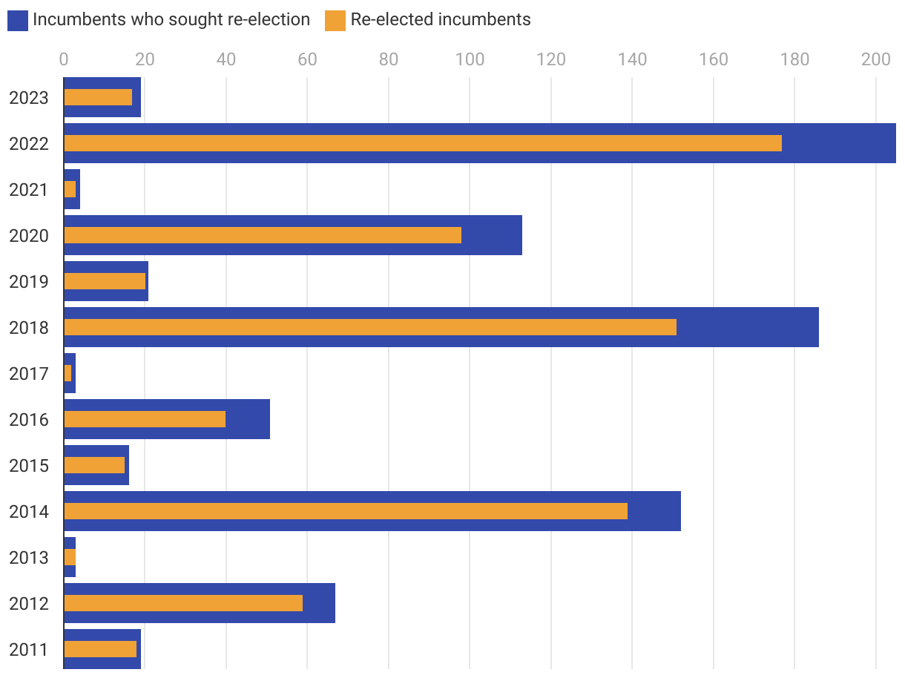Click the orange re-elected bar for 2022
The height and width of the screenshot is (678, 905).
[423, 143]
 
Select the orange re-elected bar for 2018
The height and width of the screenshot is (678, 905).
[370, 327]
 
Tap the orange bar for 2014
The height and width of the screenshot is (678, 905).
[346, 511]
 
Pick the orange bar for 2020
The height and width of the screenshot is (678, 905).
[263, 235]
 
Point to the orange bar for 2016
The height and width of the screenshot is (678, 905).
[145, 419]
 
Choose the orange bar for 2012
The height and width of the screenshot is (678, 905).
[183, 603]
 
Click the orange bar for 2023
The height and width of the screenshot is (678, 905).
[98, 97]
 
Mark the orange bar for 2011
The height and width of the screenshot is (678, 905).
[100, 649]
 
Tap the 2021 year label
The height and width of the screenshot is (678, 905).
[29, 190]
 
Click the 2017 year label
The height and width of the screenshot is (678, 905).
[29, 374]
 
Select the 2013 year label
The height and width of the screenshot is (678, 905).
[29, 558]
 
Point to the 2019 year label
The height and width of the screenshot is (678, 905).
[29, 282]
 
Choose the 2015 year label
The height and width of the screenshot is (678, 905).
[29, 466]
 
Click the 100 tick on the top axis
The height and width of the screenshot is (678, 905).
[470, 59]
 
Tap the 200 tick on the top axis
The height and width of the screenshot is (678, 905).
[875, 59]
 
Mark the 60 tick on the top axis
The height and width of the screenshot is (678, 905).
[307, 59]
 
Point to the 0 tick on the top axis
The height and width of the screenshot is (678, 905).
[64, 59]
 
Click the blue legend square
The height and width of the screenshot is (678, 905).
[18, 21]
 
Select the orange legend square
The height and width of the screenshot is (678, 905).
[335, 21]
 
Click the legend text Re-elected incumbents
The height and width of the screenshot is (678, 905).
[441, 20]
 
